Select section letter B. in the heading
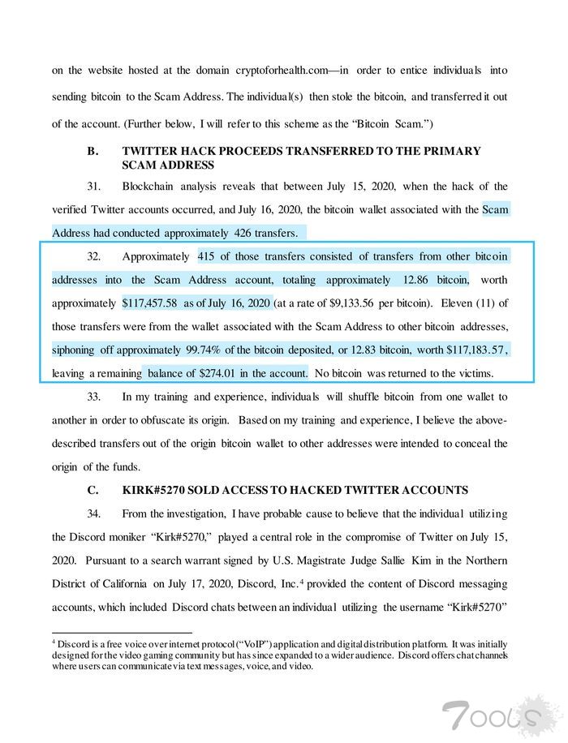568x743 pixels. (x=93, y=151)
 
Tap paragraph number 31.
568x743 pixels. (x=94, y=187)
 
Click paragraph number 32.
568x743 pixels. (x=94, y=257)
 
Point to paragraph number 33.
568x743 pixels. (x=94, y=397)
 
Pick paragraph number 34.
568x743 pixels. (x=94, y=513)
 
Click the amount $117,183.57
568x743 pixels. (x=475, y=350)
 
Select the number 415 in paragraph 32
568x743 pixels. (x=209, y=257)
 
